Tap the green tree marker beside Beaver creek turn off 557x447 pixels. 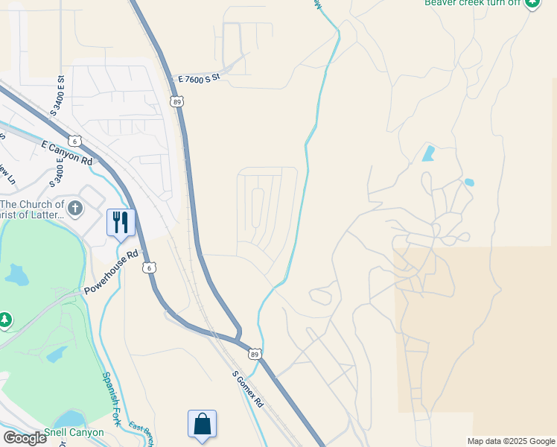pyautogui.click(x=532, y=3)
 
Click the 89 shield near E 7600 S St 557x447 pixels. pyautogui.click(x=176, y=101)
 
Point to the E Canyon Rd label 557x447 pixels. pyautogui.click(x=67, y=153)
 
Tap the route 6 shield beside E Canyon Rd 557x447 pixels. pyautogui.click(x=74, y=141)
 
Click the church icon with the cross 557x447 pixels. pyautogui.click(x=74, y=209)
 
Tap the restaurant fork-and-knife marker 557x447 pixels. pyautogui.click(x=121, y=222)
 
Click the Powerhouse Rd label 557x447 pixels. pyautogui.click(x=112, y=272)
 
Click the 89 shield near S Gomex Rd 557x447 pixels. pyautogui.click(x=255, y=355)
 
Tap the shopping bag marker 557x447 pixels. pyautogui.click(x=202, y=424)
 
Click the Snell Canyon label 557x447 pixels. pyautogui.click(x=74, y=432)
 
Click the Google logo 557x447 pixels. pyautogui.click(x=25, y=437)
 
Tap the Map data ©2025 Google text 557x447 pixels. pyautogui.click(x=511, y=441)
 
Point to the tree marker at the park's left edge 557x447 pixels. pyautogui.click(x=4, y=320)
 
